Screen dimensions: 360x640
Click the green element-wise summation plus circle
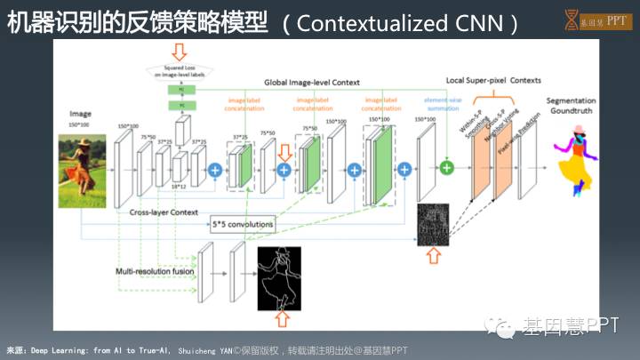447,166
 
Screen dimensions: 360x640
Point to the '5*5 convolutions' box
241,225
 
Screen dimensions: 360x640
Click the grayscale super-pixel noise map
432,223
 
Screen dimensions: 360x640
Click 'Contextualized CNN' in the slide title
404,22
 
